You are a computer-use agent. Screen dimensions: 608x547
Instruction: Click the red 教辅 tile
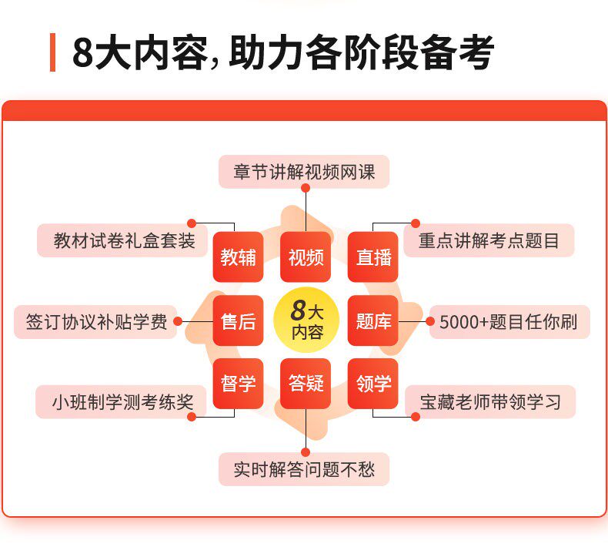click(x=239, y=257)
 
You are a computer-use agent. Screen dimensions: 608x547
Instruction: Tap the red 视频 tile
click(x=306, y=257)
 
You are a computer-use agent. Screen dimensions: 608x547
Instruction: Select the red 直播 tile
click(x=373, y=257)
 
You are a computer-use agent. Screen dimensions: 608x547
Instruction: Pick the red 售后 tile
click(x=239, y=320)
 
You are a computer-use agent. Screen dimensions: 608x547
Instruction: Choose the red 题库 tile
click(x=373, y=320)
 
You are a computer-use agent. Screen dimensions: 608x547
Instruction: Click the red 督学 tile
click(x=239, y=384)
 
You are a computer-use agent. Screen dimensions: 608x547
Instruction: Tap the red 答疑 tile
click(x=306, y=384)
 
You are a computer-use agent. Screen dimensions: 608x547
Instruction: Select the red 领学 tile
click(x=373, y=384)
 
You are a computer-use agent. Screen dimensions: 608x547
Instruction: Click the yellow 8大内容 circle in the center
click(x=306, y=320)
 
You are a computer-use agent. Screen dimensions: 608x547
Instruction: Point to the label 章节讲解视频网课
click(x=304, y=172)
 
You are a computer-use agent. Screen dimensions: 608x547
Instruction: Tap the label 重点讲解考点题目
click(x=489, y=240)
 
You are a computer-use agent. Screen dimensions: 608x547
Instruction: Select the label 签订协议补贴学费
click(x=96, y=322)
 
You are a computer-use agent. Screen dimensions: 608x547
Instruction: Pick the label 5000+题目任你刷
click(x=509, y=322)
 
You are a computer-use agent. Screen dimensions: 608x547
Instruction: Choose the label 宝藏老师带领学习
click(x=490, y=402)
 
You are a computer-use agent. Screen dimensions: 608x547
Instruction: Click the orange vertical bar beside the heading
click(x=52, y=52)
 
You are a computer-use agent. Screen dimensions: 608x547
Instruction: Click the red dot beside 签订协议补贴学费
click(x=178, y=321)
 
